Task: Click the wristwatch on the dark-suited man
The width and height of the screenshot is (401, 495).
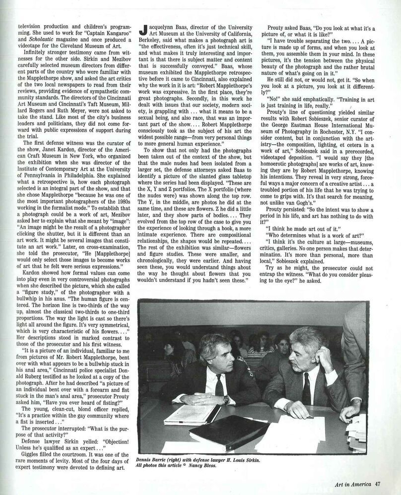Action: pyautogui.click(x=227, y=398)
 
